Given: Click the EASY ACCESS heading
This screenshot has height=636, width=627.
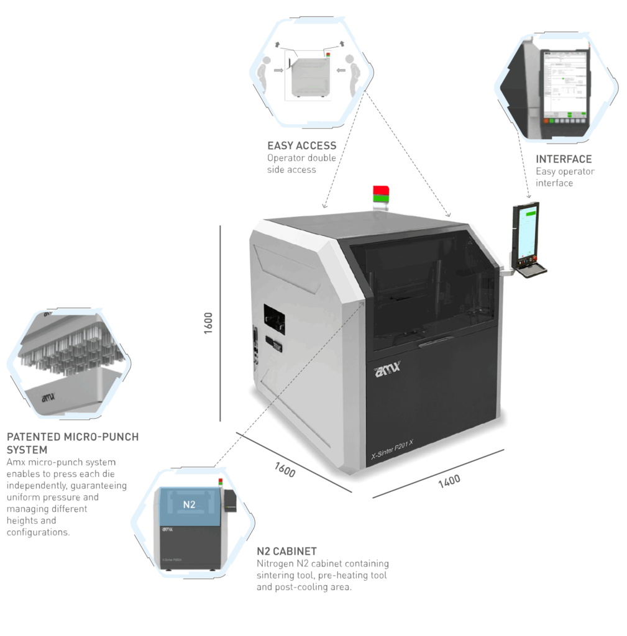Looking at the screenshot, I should (x=301, y=147).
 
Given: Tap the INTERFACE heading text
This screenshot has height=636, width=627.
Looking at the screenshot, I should (x=564, y=159).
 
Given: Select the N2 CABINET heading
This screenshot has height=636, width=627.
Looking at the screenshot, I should (x=287, y=551).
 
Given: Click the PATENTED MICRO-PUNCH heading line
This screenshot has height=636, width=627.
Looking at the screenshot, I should (x=71, y=437).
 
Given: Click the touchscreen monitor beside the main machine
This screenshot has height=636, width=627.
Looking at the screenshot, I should (x=524, y=233).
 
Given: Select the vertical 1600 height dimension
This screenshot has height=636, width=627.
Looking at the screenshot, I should (x=209, y=322).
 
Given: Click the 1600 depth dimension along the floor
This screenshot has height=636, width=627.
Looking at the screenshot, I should (x=285, y=470).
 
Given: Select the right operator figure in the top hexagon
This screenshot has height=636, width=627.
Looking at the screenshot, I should (x=351, y=73).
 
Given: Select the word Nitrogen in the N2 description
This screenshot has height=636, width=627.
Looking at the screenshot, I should (x=275, y=564).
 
